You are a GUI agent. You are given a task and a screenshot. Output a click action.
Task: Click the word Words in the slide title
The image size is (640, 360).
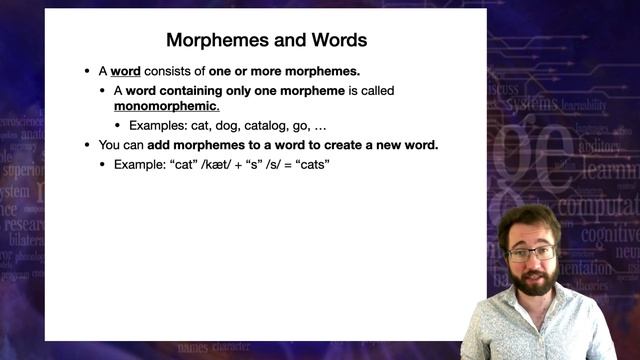(331, 41)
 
